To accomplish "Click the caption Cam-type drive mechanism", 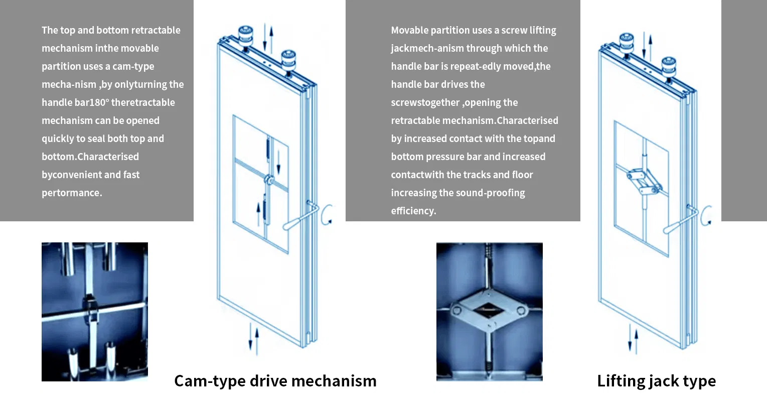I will pyautogui.click(x=275, y=381).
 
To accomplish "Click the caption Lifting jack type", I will pyautogui.click(x=656, y=381).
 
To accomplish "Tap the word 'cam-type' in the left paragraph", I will pyautogui.click(x=133, y=66).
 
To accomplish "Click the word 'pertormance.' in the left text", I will pyautogui.click(x=72, y=193).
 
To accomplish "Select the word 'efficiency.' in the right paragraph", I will pyautogui.click(x=413, y=211).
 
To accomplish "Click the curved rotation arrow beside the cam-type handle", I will pyautogui.click(x=327, y=214).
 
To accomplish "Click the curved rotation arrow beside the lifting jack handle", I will pyautogui.click(x=707, y=215).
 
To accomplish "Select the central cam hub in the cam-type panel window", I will pyautogui.click(x=268, y=180).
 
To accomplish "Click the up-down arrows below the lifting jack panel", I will pyautogui.click(x=634, y=339).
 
